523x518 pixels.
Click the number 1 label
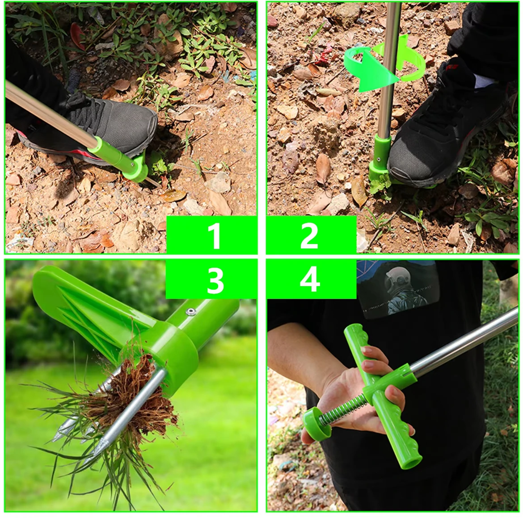coord(214,236)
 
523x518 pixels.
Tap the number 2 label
coord(309,236)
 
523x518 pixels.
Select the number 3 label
coord(215,281)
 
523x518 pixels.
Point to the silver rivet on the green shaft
coord(191,312)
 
